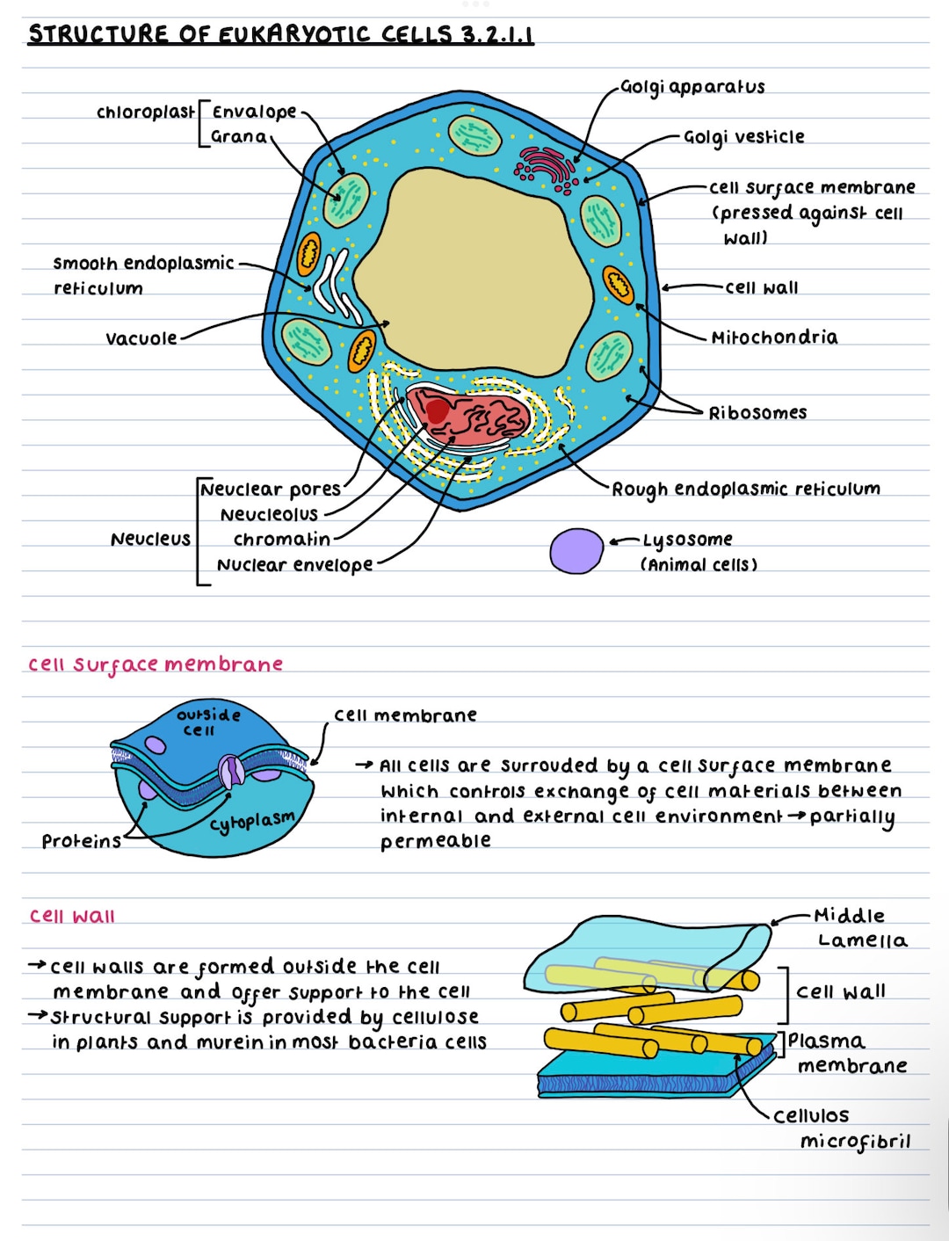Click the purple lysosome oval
[576, 551]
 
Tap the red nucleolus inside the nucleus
[438, 410]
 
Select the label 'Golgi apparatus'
[692, 87]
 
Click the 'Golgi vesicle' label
[743, 137]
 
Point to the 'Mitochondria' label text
[774, 337]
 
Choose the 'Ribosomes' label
[757, 413]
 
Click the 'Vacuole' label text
[141, 339]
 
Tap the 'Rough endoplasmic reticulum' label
[745, 490]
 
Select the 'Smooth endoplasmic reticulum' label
[142, 275]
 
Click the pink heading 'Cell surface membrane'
[155, 664]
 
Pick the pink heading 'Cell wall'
[72, 917]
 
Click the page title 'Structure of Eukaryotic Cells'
[280, 35]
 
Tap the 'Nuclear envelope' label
[294, 565]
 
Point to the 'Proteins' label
[81, 842]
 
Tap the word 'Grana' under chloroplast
[238, 137]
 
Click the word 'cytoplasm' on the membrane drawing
[251, 822]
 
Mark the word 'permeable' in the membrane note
[435, 842]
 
